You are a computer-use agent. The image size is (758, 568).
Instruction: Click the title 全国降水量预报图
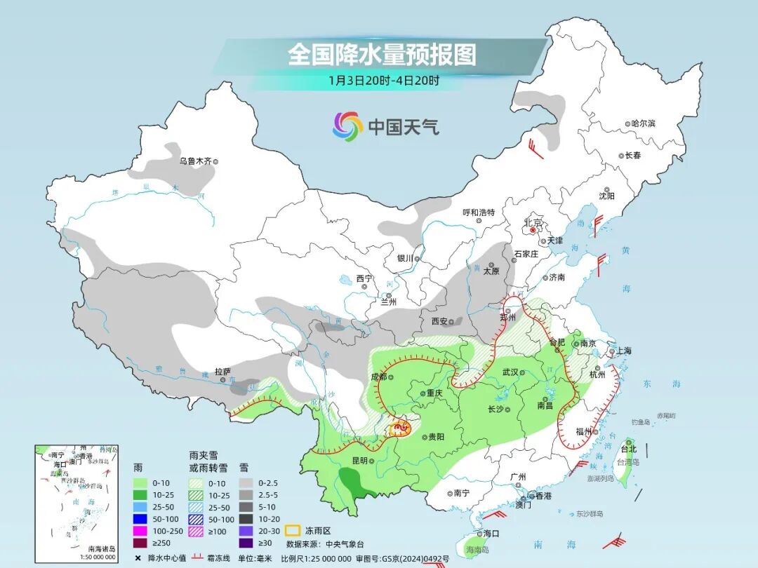pyautogui.click(x=382, y=55)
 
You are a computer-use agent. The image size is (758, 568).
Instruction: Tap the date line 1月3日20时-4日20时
pyautogui.click(x=383, y=80)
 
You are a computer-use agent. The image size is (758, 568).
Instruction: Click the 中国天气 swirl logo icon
pyautogui.click(x=347, y=126)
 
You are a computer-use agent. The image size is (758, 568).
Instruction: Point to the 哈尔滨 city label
pyautogui.click(x=642, y=123)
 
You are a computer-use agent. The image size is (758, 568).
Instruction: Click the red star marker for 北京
pyautogui.click(x=533, y=229)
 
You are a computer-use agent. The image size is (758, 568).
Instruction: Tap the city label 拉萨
pyautogui.click(x=222, y=371)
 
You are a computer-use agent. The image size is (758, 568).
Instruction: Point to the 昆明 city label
pyautogui.click(x=359, y=461)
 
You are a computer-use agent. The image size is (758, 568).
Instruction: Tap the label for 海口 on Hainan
pyautogui.click(x=491, y=534)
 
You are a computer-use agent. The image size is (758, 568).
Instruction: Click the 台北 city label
pyautogui.click(x=628, y=449)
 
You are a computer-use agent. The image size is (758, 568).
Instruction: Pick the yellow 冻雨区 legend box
pyautogui.click(x=294, y=529)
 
